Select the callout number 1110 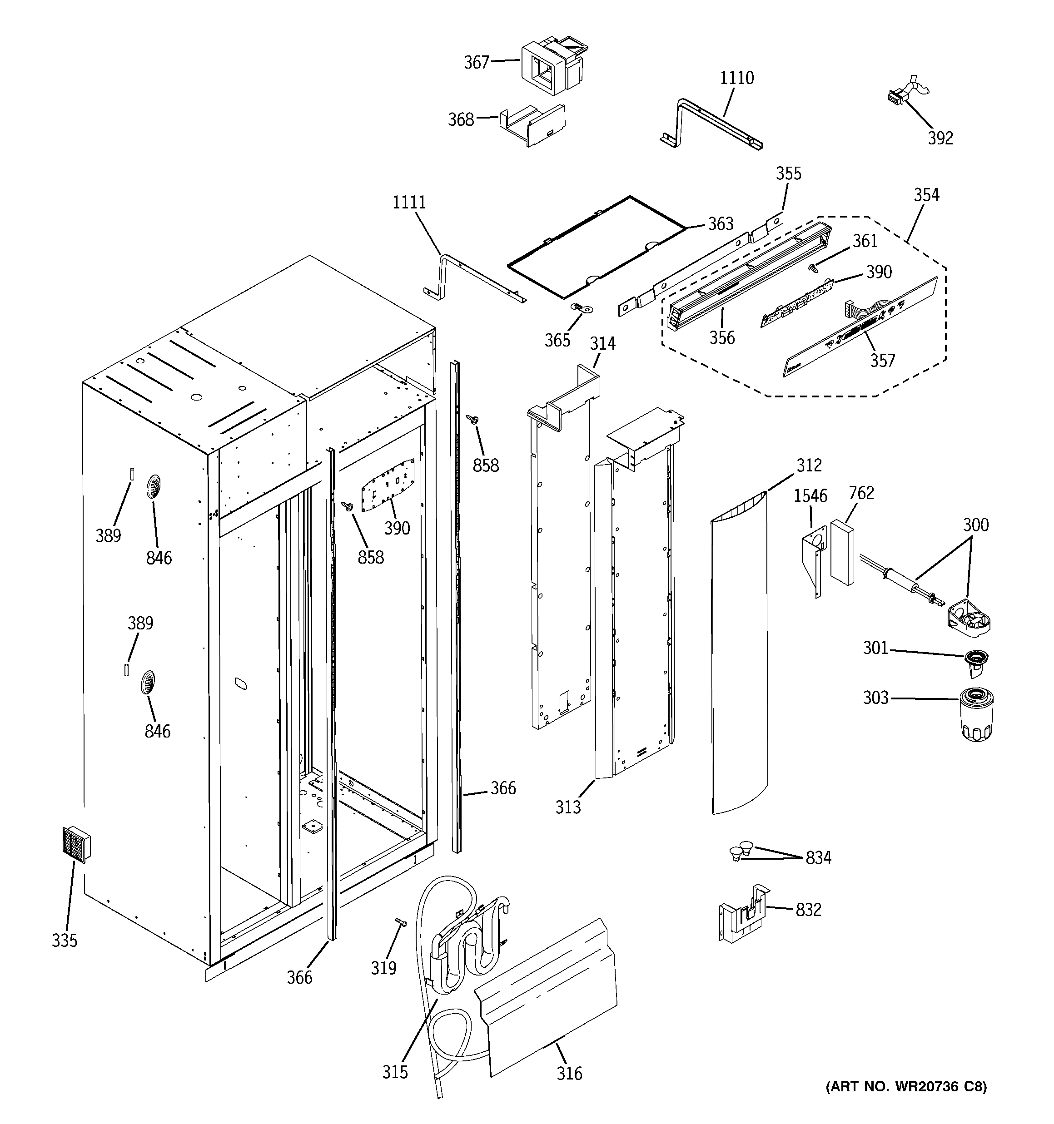[736, 78]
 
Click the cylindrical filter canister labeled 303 [977, 714]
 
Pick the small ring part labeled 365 [581, 308]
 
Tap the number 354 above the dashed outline [926, 195]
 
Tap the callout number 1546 [810, 496]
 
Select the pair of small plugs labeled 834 [741, 866]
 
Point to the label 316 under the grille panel [569, 1073]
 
